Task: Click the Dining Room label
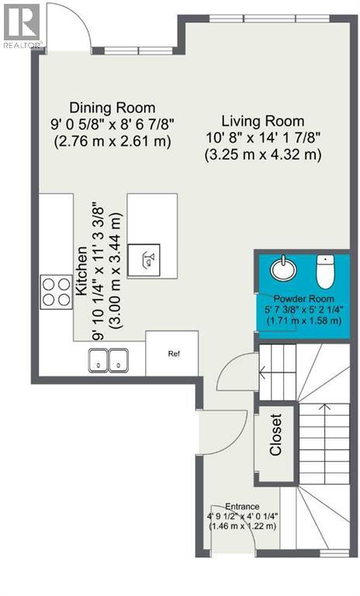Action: point(112,108)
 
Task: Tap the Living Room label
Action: point(262,121)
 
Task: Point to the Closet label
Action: point(275,437)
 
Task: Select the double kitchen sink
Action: point(109,361)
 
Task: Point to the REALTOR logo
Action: point(21,26)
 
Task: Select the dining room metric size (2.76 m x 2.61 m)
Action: point(112,142)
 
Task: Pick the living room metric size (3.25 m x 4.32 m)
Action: point(262,154)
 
